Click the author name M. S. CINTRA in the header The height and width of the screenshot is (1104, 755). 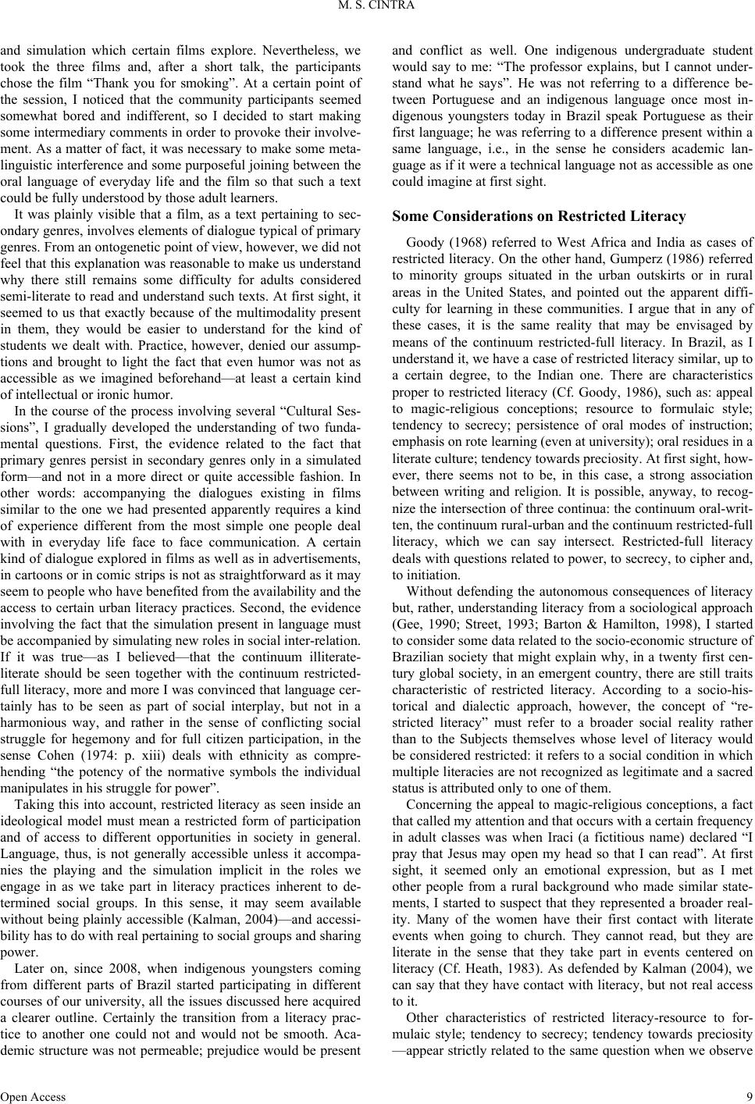coord(377,9)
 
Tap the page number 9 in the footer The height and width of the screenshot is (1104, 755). coord(748,1096)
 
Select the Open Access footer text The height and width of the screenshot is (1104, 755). coord(33,1096)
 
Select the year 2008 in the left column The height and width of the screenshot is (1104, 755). coord(101,1007)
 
